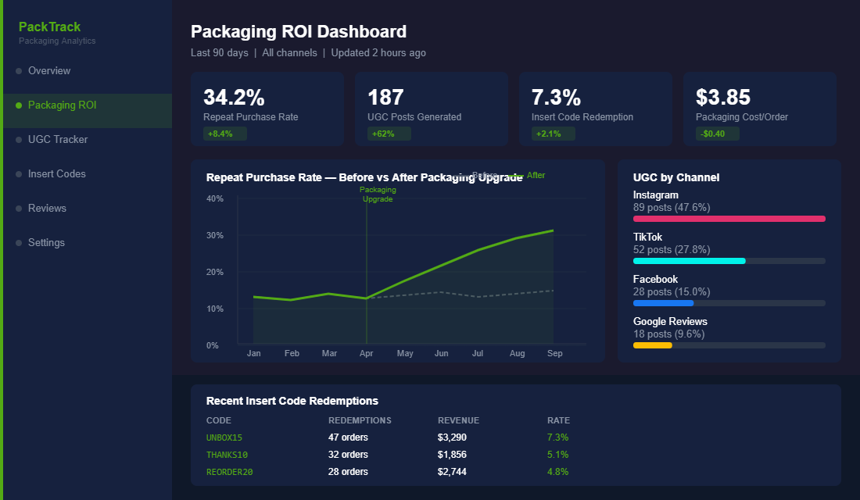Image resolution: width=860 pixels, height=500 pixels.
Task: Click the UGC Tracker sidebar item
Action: [58, 139]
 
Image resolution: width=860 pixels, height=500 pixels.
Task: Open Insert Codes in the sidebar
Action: [56, 173]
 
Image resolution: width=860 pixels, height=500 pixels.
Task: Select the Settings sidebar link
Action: [46, 242]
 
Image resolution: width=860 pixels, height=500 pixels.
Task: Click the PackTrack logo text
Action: [49, 27]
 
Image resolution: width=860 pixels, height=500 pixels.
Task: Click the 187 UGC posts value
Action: [385, 98]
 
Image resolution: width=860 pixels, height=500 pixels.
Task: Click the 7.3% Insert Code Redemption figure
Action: [556, 98]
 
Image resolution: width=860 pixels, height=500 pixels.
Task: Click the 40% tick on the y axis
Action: [215, 198]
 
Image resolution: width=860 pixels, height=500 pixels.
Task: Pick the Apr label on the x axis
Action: [367, 353]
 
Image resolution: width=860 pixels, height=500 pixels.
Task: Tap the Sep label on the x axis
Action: [554, 353]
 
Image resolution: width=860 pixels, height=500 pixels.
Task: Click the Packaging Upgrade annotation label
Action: [378, 195]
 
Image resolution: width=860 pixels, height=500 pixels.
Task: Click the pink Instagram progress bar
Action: [729, 219]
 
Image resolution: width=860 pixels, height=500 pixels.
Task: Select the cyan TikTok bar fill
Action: [689, 261]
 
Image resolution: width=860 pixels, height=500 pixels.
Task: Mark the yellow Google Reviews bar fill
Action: [652, 345]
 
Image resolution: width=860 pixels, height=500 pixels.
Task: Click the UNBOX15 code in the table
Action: [224, 437]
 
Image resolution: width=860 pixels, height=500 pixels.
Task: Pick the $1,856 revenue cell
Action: [452, 455]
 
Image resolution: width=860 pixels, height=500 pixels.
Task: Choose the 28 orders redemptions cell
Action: [348, 472]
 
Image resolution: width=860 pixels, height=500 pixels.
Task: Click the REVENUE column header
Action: [458, 420]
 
